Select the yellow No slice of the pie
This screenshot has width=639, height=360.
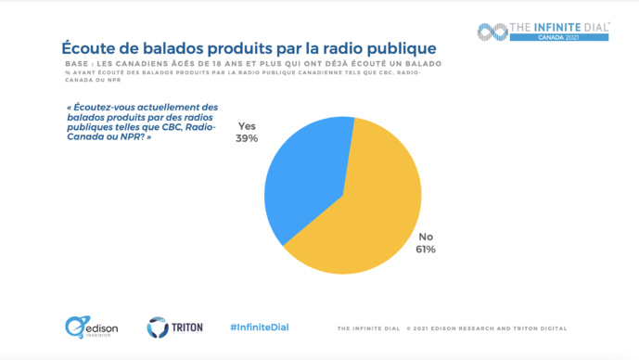point(371,213)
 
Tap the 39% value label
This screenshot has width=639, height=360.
point(248,138)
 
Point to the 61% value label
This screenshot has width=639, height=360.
point(426,249)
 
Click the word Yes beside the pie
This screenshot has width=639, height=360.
point(248,126)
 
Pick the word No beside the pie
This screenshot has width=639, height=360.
point(427,236)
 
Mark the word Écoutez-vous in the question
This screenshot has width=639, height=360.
point(99,107)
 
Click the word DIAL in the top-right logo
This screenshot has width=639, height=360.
point(590,27)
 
